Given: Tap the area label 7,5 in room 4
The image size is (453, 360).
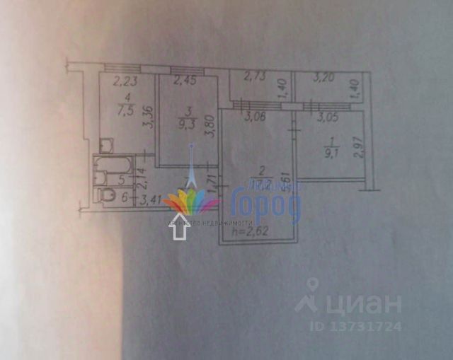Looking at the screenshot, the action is pos(126,110).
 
